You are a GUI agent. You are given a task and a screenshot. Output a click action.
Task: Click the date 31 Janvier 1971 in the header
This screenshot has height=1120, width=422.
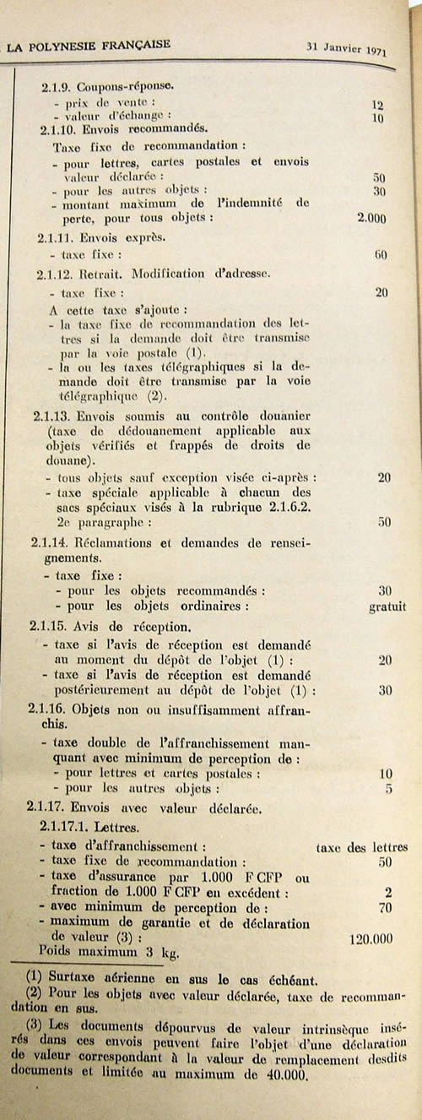pyautogui.click(x=347, y=48)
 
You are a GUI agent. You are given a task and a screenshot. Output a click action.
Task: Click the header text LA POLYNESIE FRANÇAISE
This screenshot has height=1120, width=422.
pyautogui.click(x=88, y=45)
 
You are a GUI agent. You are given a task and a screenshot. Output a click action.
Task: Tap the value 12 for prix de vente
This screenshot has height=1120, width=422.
pyautogui.click(x=377, y=105)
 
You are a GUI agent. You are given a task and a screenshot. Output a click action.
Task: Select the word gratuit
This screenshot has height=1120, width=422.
pyautogui.click(x=387, y=606)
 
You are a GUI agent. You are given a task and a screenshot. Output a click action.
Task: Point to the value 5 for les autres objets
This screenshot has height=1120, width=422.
pyautogui.click(x=387, y=790)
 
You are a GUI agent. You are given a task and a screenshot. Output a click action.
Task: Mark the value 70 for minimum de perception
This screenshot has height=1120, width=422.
pyautogui.click(x=384, y=908)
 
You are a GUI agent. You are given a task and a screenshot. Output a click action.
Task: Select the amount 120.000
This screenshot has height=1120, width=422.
pyautogui.click(x=376, y=938)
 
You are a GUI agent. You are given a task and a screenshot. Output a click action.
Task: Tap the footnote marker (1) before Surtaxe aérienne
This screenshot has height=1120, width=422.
pyautogui.click(x=35, y=980)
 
